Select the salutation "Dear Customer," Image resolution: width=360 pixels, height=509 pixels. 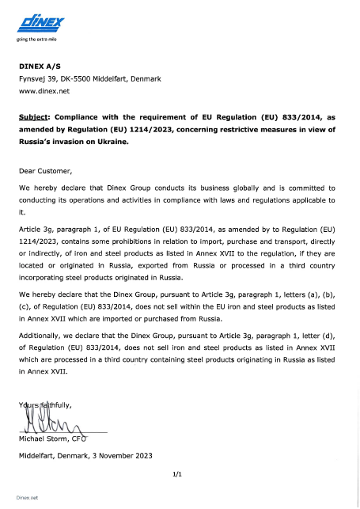pyautogui.click(x=45, y=170)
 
